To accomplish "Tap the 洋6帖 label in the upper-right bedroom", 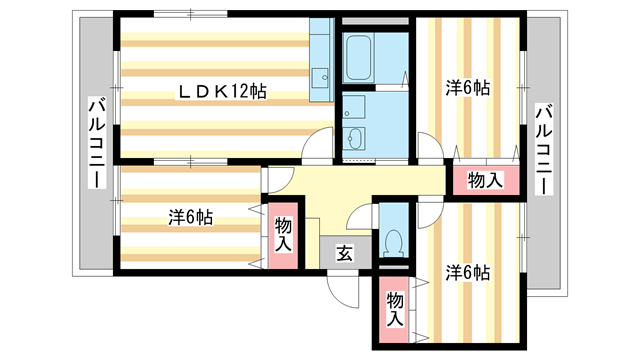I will (x=467, y=87).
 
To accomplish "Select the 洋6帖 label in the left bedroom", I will (x=189, y=215).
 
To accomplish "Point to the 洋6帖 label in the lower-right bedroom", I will (x=467, y=272).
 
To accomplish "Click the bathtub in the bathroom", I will (x=358, y=60).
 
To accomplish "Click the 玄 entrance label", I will (x=343, y=254).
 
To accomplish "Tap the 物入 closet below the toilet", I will (x=395, y=309).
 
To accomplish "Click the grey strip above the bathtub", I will (x=375, y=20).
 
